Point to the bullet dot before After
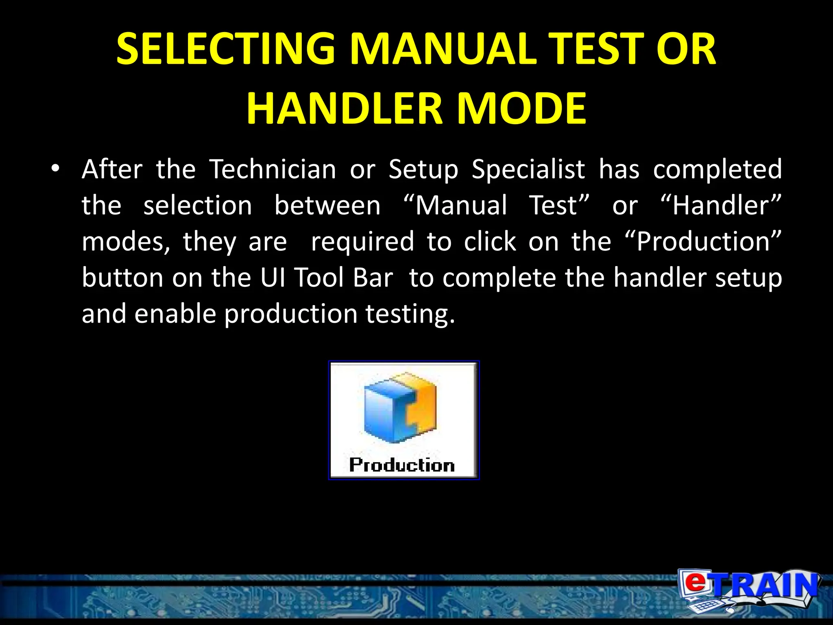coord(56,168)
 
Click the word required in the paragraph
coord(362,241)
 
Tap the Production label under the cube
coord(402,465)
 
